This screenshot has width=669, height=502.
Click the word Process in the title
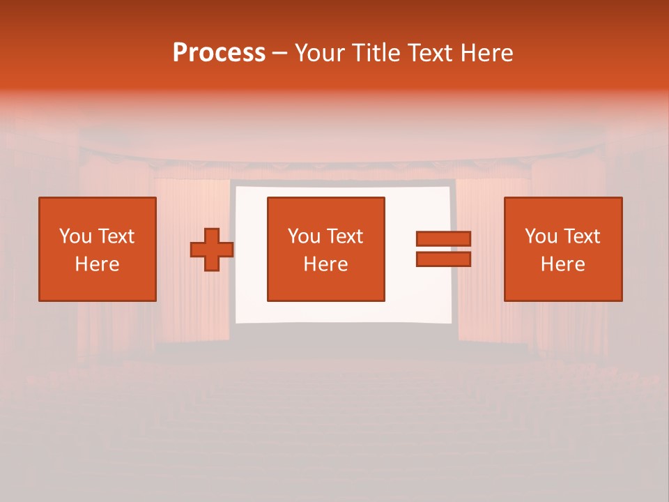pos(219,53)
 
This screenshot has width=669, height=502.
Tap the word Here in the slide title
pos(486,53)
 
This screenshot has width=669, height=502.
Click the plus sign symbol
pos(212,250)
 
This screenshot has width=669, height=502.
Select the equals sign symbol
pos(443,249)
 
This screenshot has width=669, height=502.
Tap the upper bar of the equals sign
pos(443,239)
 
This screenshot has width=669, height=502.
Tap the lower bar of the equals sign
pos(443,259)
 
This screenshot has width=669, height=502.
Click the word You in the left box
pos(75,236)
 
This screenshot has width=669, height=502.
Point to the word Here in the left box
pos(98,264)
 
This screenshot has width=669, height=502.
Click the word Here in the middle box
pos(326,264)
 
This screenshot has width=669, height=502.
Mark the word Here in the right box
pos(563,264)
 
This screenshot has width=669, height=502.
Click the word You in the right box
pos(541,236)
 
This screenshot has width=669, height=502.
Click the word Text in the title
pos(429,53)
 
